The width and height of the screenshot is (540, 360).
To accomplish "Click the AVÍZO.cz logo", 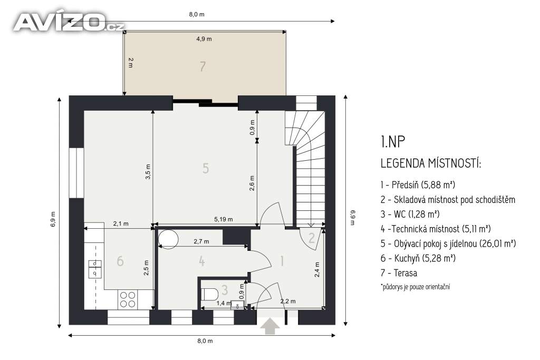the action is click(69, 22).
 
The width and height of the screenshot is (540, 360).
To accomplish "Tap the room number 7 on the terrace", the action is click(203, 66).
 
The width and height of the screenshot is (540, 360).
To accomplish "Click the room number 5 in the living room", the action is click(206, 168).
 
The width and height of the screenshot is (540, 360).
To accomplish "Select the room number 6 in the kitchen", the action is click(120, 261).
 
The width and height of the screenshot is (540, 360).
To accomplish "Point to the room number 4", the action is click(202, 261).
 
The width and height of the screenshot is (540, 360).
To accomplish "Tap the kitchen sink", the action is click(95, 269).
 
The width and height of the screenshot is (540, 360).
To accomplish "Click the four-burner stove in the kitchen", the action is click(128, 299).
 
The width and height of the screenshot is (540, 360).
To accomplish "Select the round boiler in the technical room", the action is click(168, 239).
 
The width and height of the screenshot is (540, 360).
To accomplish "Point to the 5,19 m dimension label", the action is click(224, 219).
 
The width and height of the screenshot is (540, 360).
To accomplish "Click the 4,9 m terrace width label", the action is click(204, 39).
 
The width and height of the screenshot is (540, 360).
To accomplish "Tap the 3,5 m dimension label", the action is click(148, 172).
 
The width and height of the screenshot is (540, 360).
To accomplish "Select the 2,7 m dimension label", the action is click(201, 241).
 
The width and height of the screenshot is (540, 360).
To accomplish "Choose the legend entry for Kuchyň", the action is click(418, 258).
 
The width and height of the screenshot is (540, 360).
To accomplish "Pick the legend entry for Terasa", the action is click(399, 273).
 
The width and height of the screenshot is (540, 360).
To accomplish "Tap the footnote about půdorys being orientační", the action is click(416, 287).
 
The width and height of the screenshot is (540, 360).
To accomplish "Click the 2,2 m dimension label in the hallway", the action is click(288, 301).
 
